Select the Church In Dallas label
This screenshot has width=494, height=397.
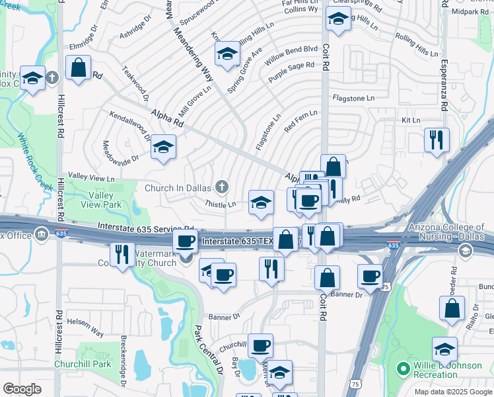180,187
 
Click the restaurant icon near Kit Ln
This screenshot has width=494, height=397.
437,141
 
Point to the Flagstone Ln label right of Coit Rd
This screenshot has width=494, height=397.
353,98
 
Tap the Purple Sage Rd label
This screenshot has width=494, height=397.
291,72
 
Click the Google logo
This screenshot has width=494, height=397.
22,389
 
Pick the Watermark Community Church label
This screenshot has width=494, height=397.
157,258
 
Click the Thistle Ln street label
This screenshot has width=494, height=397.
220,204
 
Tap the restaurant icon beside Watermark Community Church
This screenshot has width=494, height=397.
121,255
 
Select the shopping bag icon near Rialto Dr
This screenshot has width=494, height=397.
452,310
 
